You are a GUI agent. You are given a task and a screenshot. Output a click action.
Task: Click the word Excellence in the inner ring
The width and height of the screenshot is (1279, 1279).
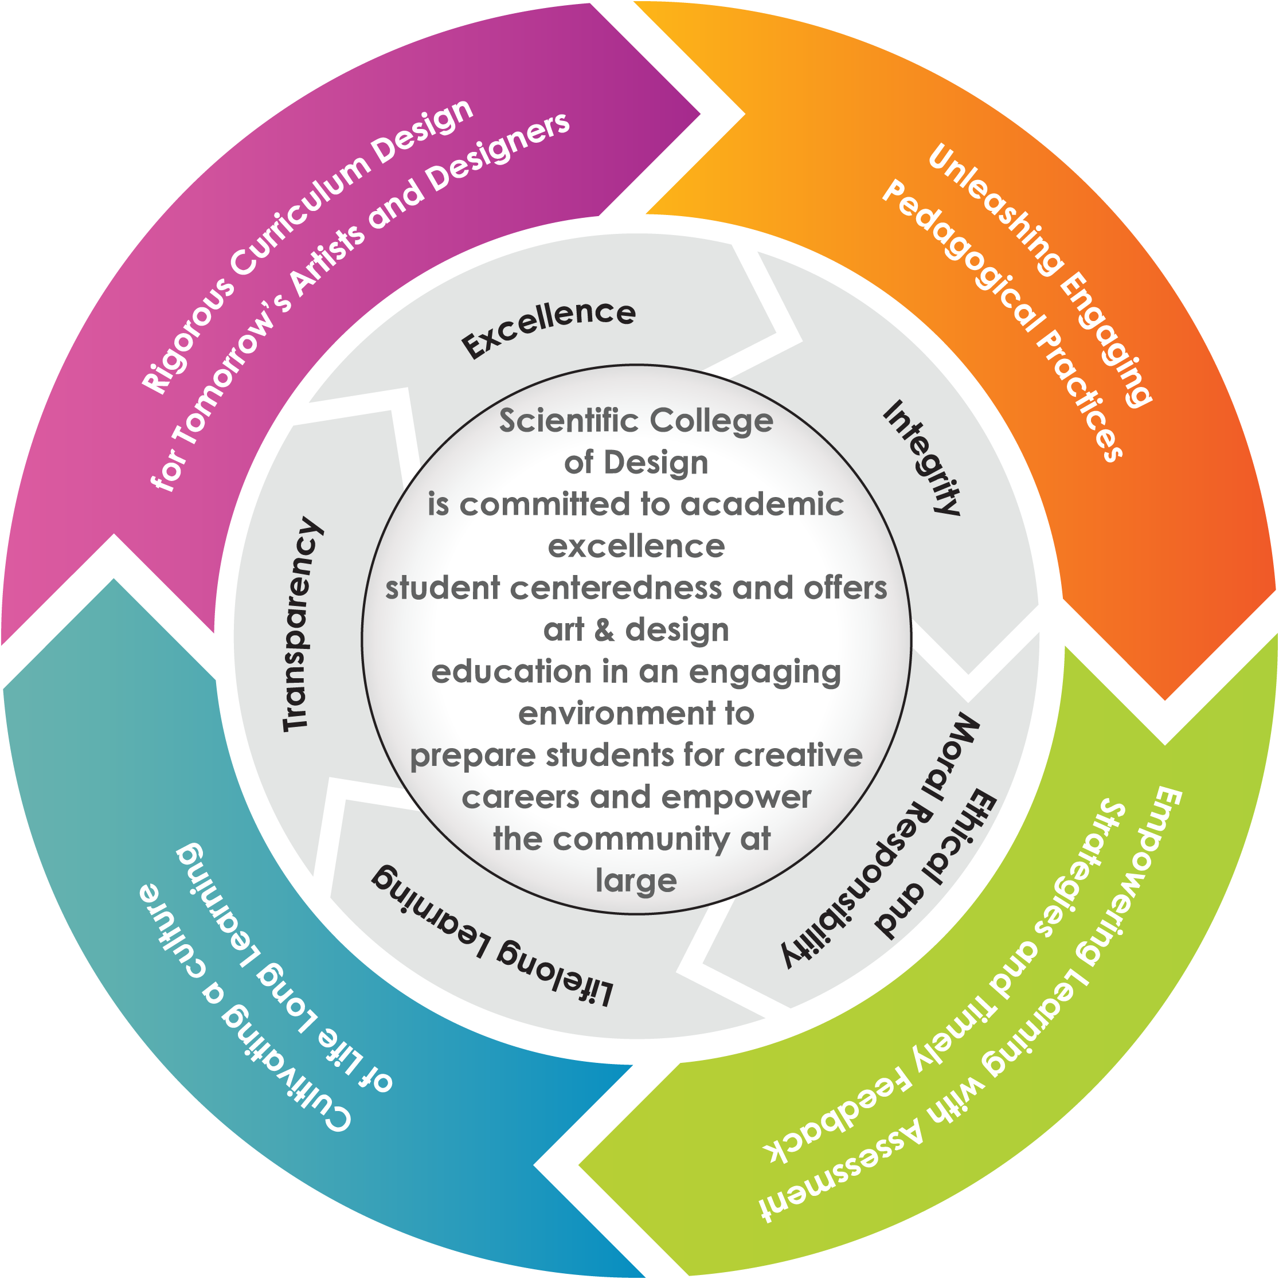click(x=549, y=328)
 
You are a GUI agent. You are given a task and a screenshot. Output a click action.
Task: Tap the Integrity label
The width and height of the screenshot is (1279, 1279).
click(x=921, y=457)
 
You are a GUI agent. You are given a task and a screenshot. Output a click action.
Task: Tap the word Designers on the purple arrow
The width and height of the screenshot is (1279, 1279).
click(x=499, y=153)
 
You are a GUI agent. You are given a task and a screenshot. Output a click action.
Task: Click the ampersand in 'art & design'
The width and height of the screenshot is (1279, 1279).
click(x=604, y=629)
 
